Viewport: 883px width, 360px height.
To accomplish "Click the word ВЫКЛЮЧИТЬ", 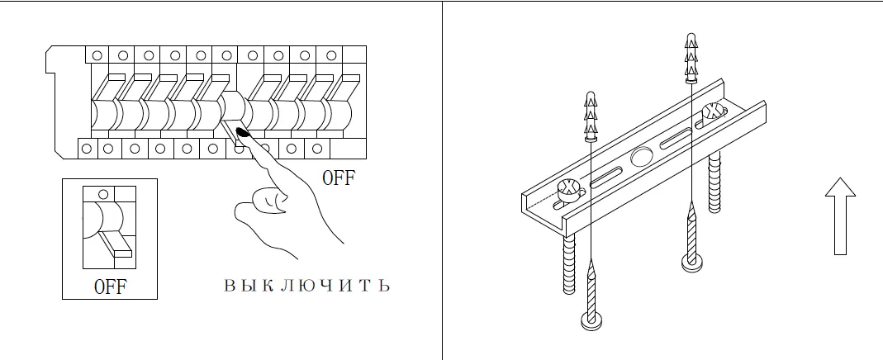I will point(306,287).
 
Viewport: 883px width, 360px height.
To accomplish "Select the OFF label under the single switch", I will point(111,287).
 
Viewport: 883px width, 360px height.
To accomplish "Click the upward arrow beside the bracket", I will point(840,214).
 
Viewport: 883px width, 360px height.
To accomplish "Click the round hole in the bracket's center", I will point(642,157).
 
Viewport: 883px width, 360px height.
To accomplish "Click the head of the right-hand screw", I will point(691,263).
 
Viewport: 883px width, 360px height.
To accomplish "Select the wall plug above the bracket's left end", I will point(591,116).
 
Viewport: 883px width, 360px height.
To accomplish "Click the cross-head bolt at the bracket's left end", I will point(569,191).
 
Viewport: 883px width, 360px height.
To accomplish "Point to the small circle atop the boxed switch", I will point(103,194).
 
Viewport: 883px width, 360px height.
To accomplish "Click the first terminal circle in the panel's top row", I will point(97,54).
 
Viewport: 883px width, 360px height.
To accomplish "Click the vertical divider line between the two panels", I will point(442,180).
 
